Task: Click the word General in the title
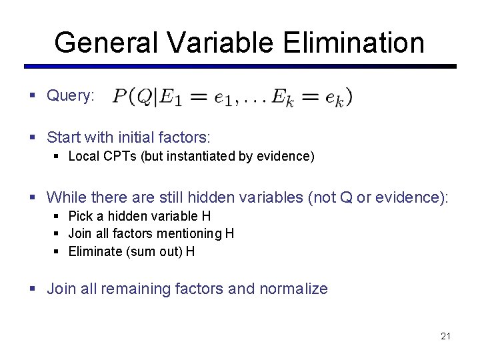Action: point(105,43)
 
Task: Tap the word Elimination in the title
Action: point(353,43)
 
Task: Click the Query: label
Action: point(71,96)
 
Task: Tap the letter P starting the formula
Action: point(120,97)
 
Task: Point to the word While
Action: point(67,197)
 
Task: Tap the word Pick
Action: point(80,216)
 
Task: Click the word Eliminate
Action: point(94,251)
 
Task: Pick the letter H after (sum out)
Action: point(191,251)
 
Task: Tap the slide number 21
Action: point(445,336)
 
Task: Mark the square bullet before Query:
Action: point(33,96)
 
